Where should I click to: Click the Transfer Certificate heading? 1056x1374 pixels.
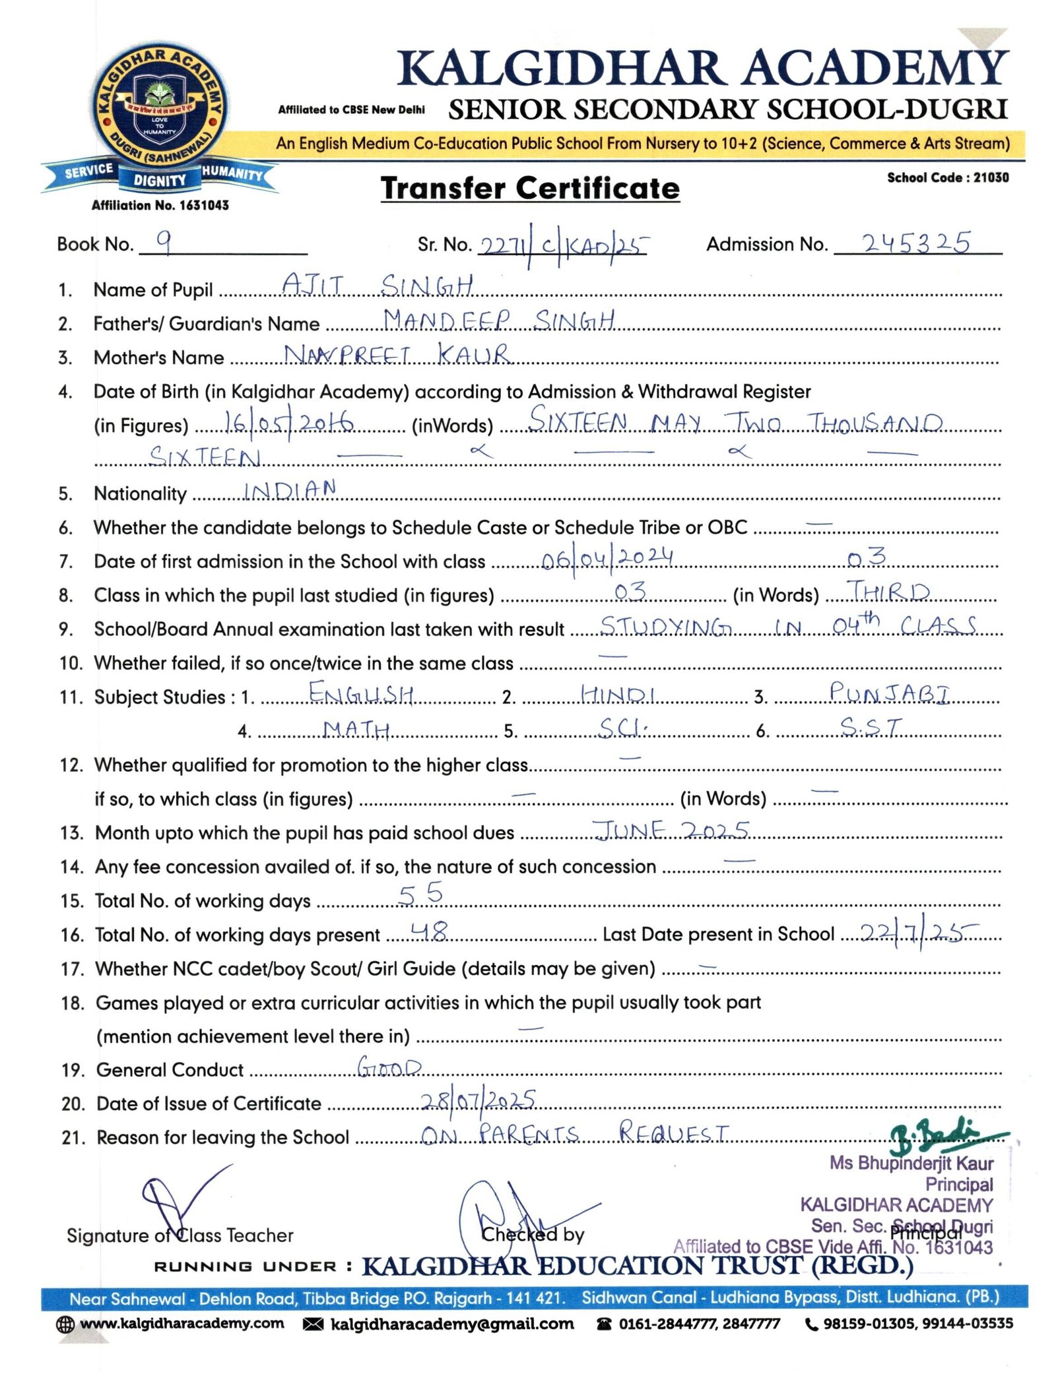pos(529,189)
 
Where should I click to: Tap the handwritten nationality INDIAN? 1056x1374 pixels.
pos(290,489)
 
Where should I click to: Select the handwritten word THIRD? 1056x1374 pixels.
pos(888,592)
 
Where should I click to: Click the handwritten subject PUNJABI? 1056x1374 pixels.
pos(890,693)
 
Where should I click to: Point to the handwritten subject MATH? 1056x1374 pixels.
pos(356,729)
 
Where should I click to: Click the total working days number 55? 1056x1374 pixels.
pos(420,894)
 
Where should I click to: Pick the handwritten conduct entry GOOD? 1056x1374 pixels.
pos(389,1067)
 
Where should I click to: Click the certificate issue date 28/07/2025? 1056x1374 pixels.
pos(478,1100)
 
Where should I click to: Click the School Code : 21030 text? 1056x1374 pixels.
pos(947,177)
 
